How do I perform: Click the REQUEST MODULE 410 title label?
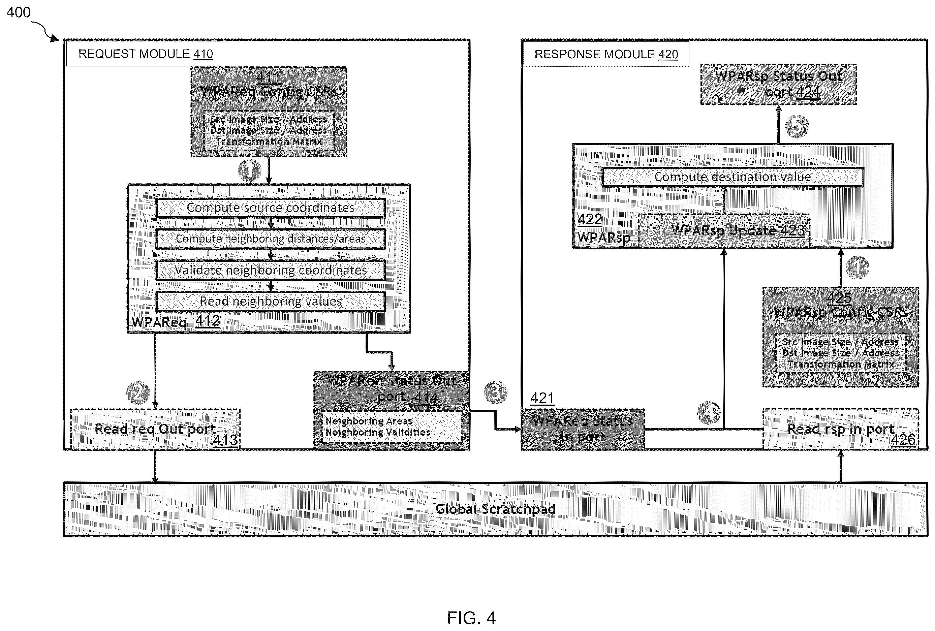tap(145, 54)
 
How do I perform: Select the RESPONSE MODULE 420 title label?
tap(606, 54)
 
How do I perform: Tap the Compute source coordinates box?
tap(271, 208)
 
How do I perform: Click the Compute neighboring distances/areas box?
tap(271, 239)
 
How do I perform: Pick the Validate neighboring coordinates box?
tap(271, 270)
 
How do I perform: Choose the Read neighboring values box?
tap(271, 301)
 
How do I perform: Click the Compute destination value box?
tap(733, 177)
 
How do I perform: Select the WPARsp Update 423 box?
tap(724, 231)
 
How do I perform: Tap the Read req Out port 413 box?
tap(155, 429)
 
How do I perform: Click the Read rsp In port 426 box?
tap(841, 429)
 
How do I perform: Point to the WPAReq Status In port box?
tap(583, 429)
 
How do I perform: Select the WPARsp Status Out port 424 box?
tap(779, 85)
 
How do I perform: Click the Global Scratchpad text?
tap(495, 509)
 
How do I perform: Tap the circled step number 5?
tap(797, 126)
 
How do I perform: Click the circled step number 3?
tap(496, 392)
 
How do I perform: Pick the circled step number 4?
tap(709, 413)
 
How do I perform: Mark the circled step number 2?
tap(138, 393)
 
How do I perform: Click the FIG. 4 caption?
tap(471, 618)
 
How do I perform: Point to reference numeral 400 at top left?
tap(19, 12)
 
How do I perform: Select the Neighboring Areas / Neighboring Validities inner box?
tap(392, 427)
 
